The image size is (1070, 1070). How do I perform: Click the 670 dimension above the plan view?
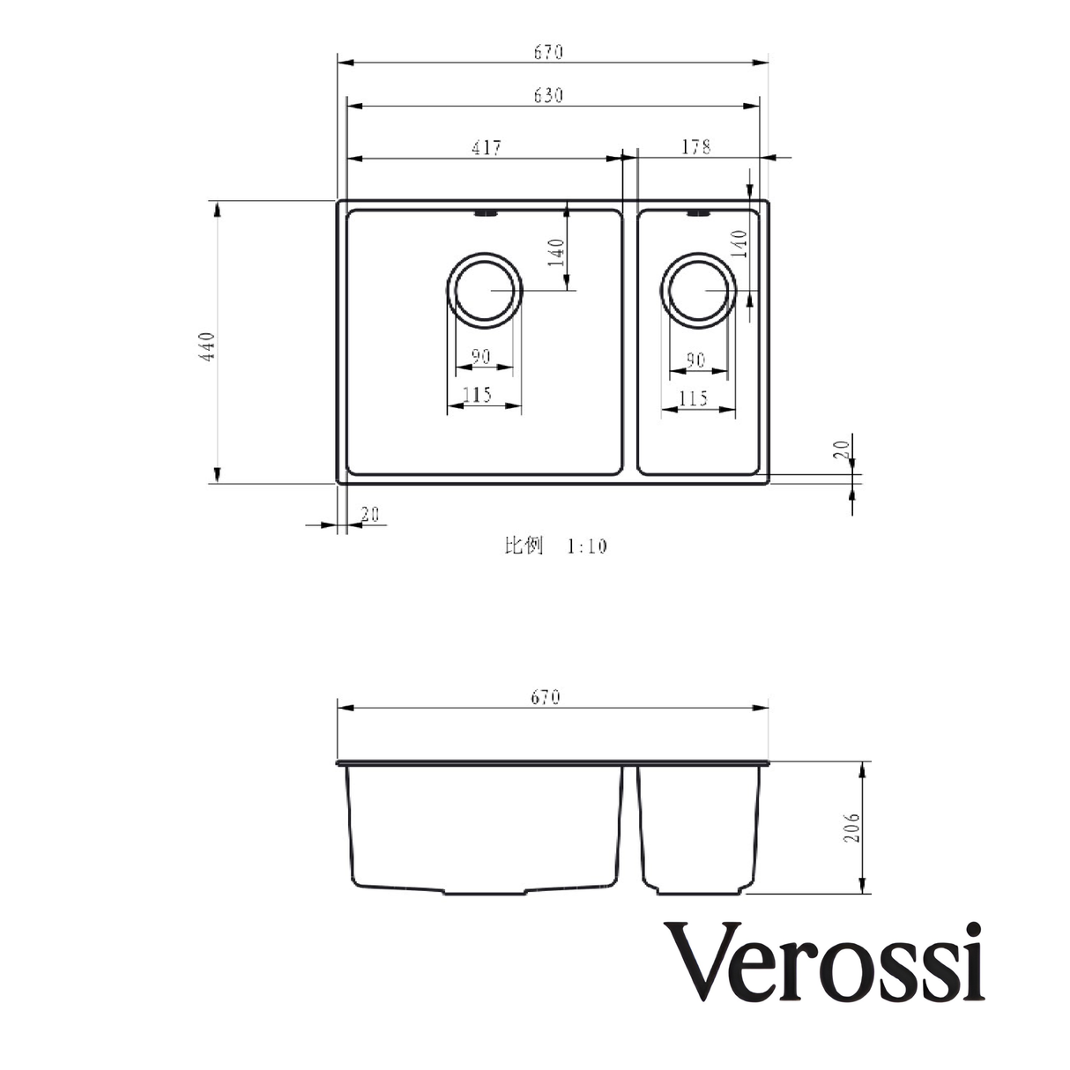[547, 52]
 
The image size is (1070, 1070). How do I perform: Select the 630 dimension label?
[547, 95]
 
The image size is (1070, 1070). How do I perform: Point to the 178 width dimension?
[695, 147]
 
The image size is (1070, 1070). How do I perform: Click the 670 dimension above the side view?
[546, 697]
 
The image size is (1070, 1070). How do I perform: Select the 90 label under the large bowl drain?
[480, 357]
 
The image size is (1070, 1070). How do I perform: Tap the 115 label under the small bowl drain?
[695, 399]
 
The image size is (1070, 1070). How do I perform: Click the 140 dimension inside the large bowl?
[555, 252]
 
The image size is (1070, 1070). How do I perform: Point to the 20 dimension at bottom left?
[370, 515]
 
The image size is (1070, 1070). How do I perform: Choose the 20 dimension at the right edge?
[844, 450]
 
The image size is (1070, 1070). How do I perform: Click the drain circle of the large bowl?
[485, 291]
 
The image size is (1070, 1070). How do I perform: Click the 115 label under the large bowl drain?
[477, 395]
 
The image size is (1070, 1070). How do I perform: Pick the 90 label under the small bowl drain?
[695, 360]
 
